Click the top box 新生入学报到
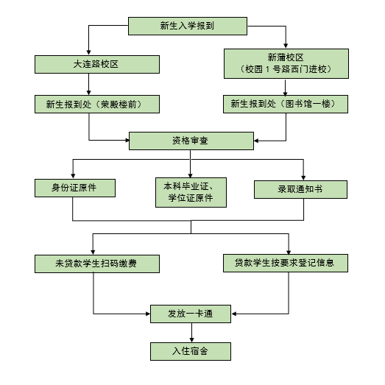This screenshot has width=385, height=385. click(188, 26)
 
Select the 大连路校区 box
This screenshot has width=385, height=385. click(97, 64)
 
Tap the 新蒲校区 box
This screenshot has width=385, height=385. click(286, 63)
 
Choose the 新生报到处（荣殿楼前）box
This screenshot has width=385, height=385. click(97, 104)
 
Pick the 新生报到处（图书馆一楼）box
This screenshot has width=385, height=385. click(286, 104)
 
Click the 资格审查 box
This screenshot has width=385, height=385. click(191, 141)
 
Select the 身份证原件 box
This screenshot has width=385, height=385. click(75, 188)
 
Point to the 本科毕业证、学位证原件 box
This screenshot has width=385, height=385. click(191, 193)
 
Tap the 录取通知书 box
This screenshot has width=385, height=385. click(300, 189)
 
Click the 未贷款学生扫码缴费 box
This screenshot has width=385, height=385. click(97, 264)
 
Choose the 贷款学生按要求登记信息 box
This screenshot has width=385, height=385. click(286, 264)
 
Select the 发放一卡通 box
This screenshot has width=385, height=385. click(191, 314)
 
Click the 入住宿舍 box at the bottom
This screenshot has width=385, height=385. click(191, 352)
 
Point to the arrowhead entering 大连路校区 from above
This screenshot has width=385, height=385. click(88, 52)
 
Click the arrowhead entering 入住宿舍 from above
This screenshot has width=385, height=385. click(191, 340)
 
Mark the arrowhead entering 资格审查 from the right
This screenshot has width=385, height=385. click(257, 141)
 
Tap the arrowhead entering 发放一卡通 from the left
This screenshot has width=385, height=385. click(148, 314)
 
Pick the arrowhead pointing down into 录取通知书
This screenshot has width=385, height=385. click(303, 177)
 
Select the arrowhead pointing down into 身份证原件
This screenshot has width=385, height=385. click(73, 176)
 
